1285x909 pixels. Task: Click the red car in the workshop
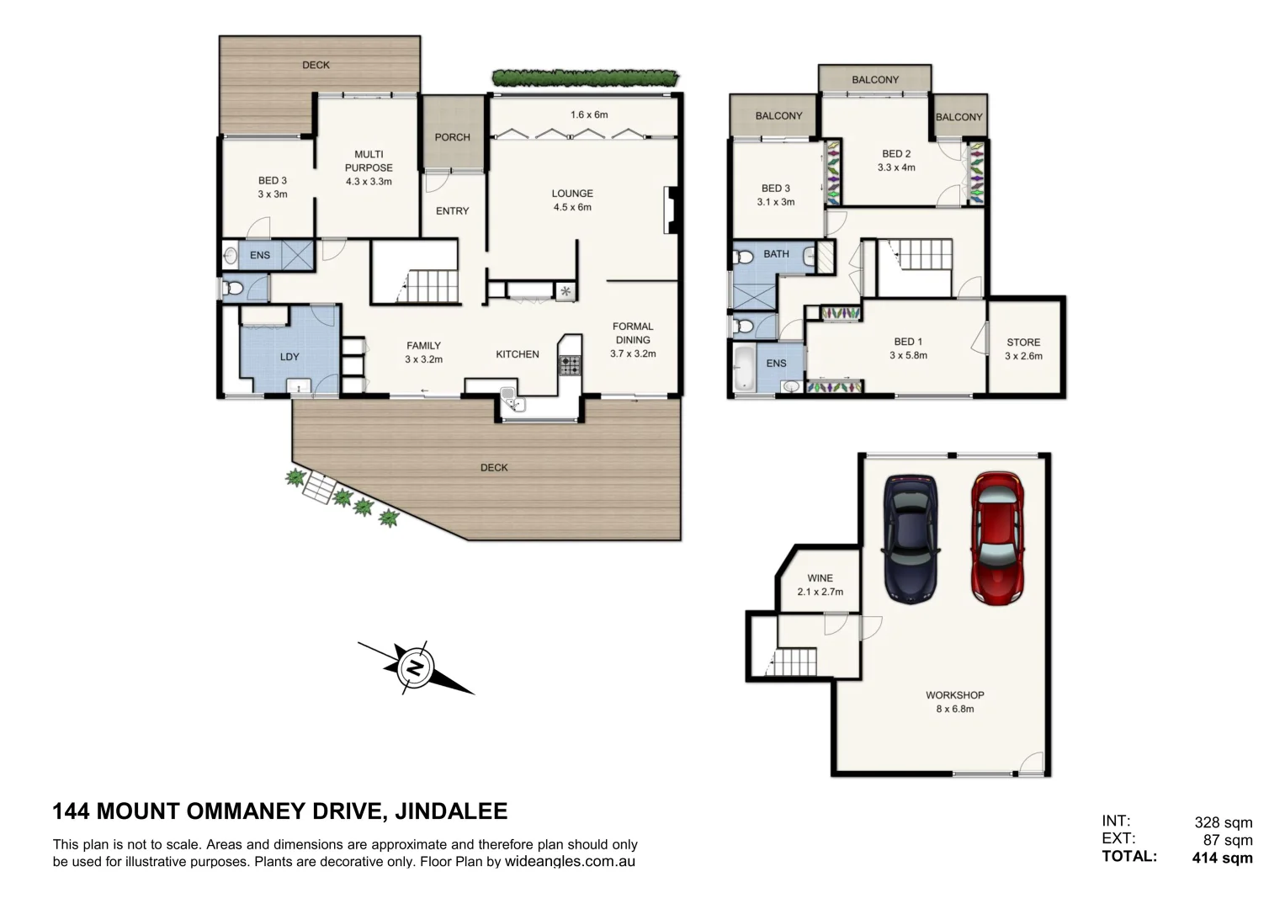point(997,538)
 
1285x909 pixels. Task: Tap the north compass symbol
point(415,667)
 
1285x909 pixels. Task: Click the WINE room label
point(820,578)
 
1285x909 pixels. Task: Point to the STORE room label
point(1023,342)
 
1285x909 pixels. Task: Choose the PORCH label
point(452,137)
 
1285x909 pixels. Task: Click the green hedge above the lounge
point(585,78)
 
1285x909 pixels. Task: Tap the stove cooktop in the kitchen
point(570,365)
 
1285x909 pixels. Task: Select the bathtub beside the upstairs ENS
point(745,367)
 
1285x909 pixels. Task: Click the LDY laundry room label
point(289,357)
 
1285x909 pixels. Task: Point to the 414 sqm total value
point(1222,858)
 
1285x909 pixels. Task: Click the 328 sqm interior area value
point(1223,822)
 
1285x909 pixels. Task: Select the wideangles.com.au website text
point(570,862)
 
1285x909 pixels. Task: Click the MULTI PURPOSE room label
point(369,161)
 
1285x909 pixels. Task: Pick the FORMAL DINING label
point(633,333)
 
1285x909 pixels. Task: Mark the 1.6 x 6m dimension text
point(588,114)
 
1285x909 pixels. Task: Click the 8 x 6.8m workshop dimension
point(954,709)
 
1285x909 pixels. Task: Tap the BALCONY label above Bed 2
point(874,80)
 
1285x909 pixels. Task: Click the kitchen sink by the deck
point(510,397)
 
